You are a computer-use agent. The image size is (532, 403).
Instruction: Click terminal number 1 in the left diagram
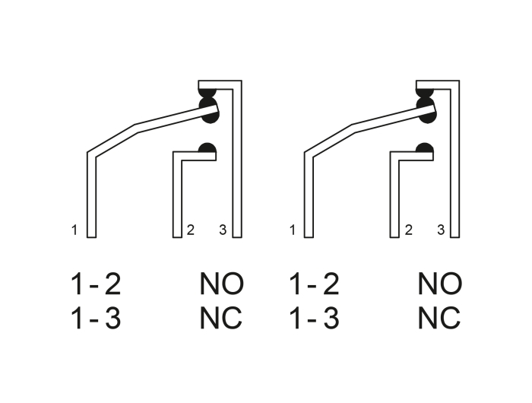(74, 230)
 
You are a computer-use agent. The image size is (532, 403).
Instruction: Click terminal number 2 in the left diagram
(191, 230)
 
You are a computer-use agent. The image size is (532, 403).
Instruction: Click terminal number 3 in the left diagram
(223, 230)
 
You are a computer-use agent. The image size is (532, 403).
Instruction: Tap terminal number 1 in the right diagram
(293, 230)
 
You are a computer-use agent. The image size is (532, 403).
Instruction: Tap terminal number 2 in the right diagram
(409, 230)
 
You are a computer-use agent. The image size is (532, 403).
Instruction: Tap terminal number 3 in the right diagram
(441, 230)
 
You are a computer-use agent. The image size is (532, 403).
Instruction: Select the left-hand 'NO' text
(222, 284)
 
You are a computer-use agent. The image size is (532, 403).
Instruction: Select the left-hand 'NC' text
(221, 318)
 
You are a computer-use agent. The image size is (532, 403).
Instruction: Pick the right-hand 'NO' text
(440, 284)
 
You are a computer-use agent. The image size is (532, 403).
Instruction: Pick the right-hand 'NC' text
(439, 318)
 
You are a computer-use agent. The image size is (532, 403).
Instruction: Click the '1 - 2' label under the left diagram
(96, 284)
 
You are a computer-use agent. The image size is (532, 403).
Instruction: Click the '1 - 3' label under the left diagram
(96, 318)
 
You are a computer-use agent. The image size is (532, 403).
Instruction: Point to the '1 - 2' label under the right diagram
(314, 284)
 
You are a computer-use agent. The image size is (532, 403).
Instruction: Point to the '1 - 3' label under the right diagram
(314, 318)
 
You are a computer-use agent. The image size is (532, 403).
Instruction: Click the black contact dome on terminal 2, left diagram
(207, 148)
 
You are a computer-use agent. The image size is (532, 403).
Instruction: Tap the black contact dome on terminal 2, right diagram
(424, 148)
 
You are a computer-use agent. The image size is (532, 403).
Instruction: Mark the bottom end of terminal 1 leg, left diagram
(92, 237)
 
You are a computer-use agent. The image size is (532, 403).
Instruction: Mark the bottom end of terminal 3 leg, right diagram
(455, 237)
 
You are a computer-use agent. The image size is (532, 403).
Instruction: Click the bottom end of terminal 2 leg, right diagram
(394, 237)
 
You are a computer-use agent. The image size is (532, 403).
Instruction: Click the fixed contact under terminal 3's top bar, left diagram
(207, 93)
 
